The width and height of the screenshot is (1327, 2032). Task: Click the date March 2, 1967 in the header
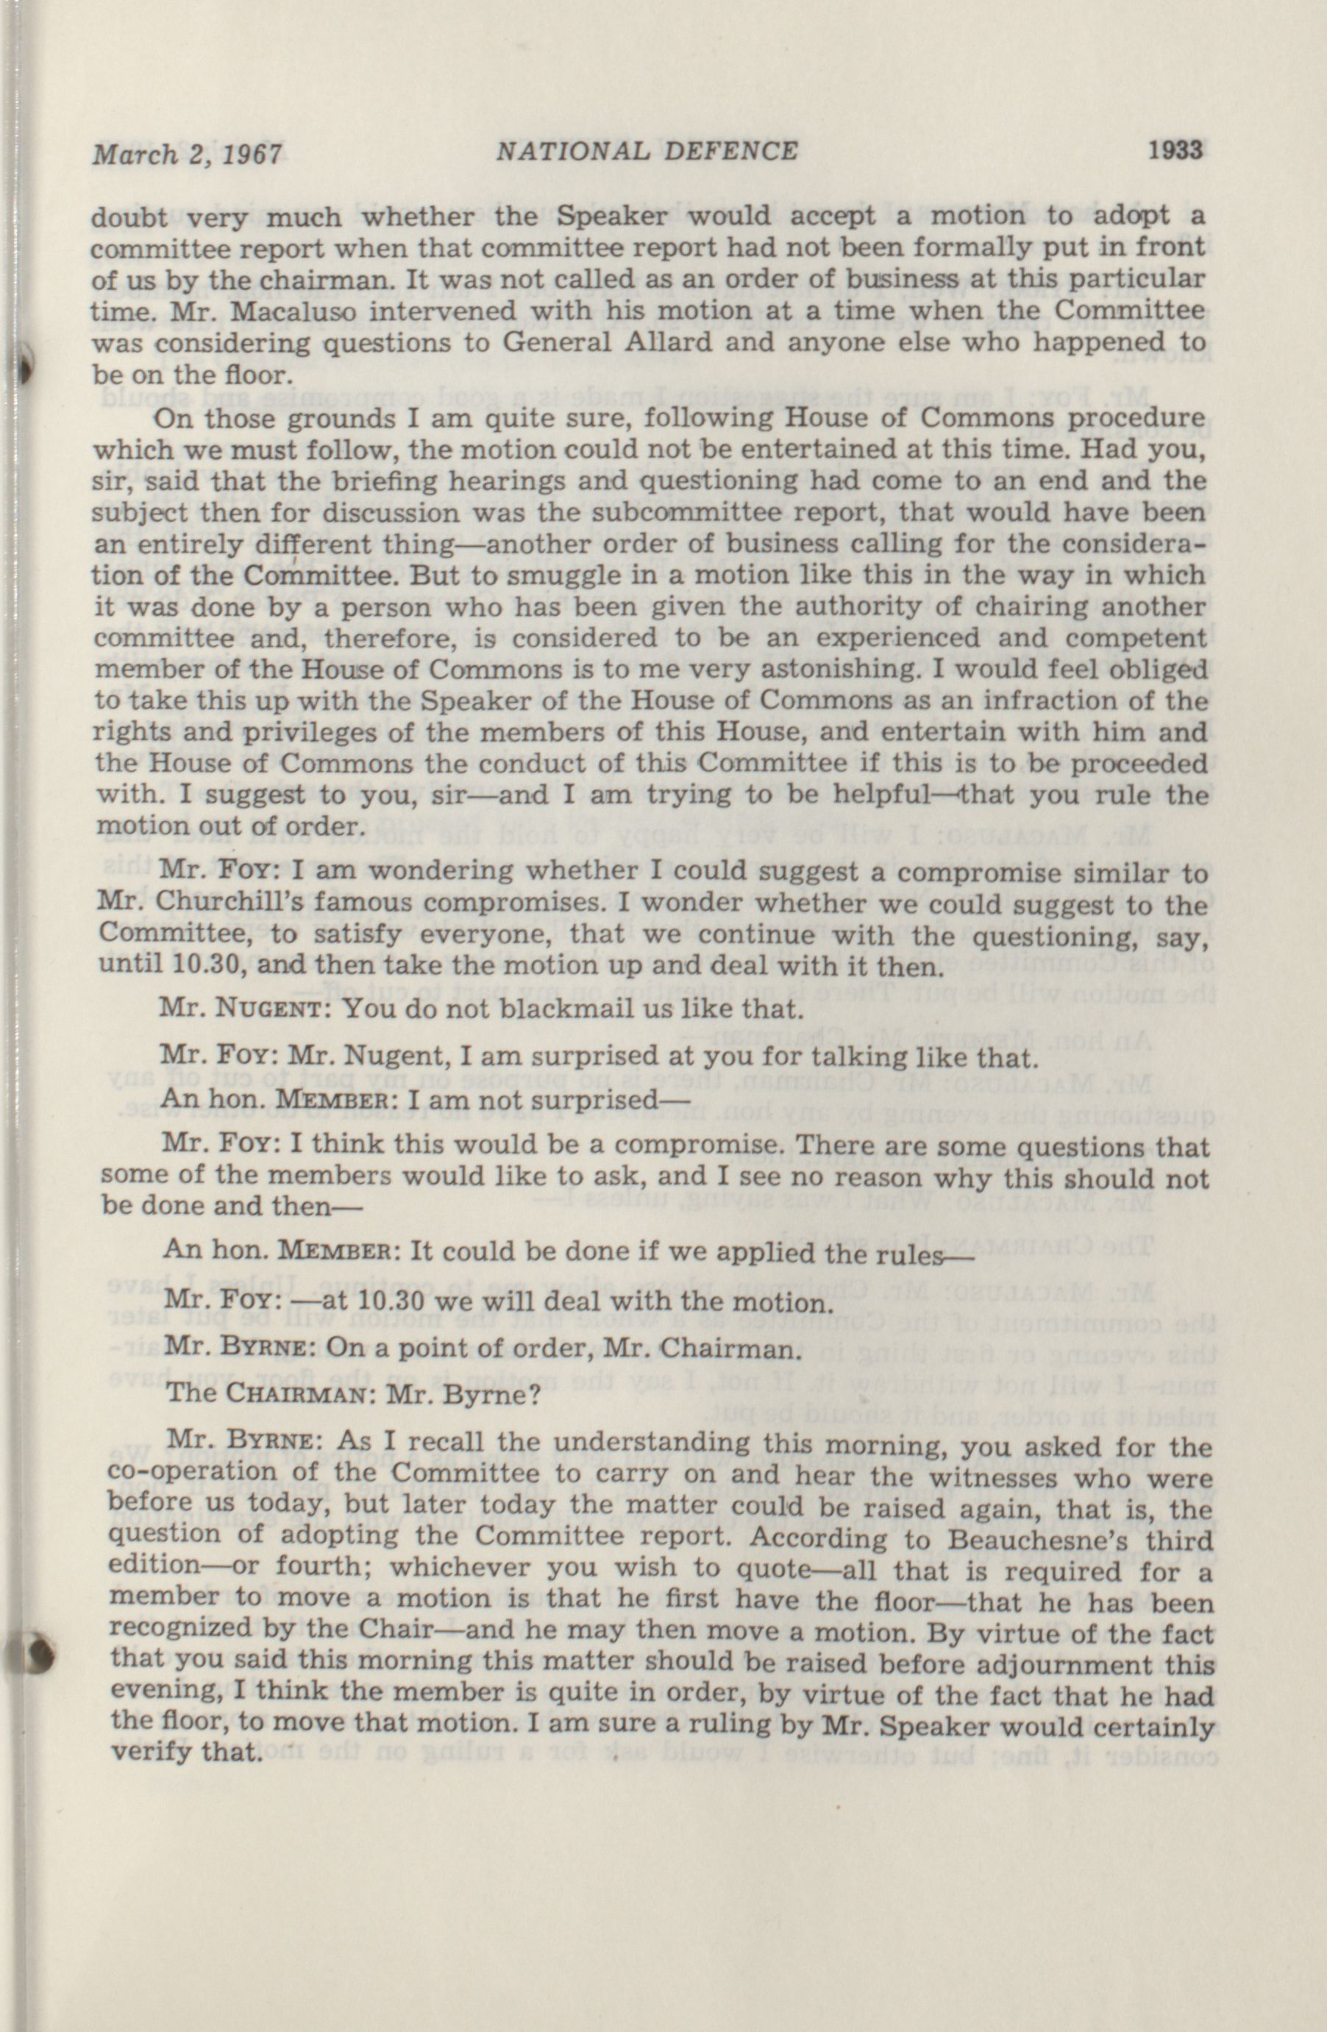pos(188,154)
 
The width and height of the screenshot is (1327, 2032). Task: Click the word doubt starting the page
pos(128,217)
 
